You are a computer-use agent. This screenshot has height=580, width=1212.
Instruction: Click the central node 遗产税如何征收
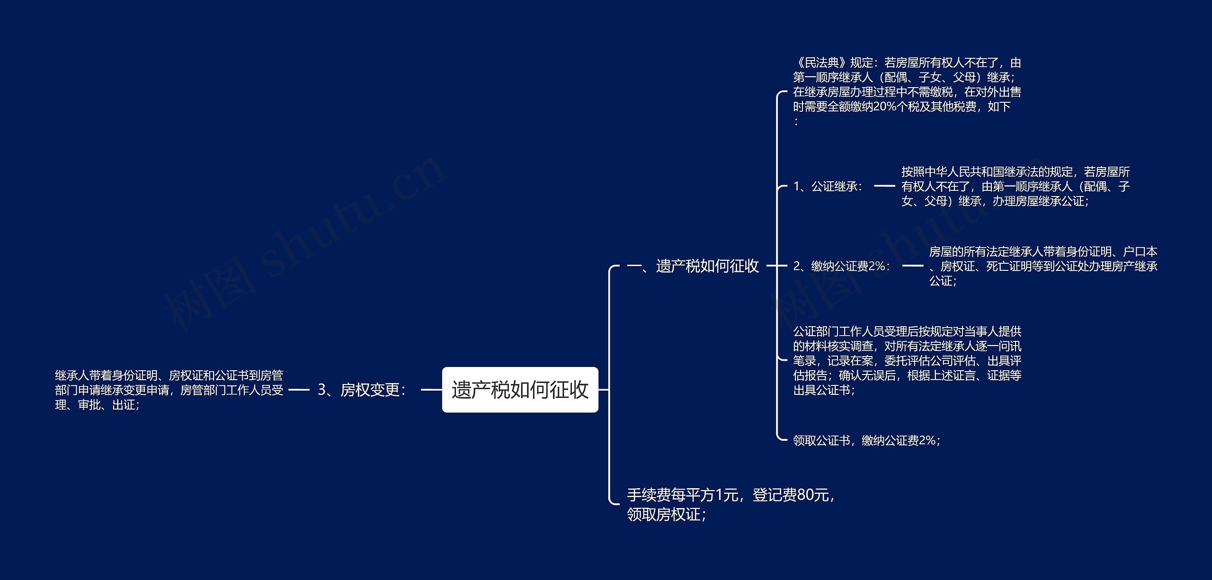tap(520, 390)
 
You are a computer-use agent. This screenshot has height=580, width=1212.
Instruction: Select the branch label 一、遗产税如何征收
tap(693, 266)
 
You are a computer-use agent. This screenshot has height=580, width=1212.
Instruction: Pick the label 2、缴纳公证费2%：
tap(842, 267)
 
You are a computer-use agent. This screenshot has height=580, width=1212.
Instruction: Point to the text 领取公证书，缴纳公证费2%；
tap(866, 440)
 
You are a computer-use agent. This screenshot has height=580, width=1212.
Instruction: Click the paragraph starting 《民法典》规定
tap(907, 91)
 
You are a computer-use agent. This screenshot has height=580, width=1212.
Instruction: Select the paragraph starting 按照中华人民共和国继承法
tap(1015, 187)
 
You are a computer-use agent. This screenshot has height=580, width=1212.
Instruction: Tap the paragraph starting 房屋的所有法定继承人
tap(1043, 266)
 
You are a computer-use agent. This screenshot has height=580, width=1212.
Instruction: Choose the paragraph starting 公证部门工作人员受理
tap(907, 360)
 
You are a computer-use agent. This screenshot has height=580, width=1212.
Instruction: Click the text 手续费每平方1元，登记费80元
tap(731, 495)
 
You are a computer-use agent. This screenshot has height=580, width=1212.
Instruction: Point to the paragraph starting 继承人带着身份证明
tap(169, 390)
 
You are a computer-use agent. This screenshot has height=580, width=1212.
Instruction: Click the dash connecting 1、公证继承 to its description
tap(884, 187)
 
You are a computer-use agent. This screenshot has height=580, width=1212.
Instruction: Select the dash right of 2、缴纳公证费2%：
tap(912, 266)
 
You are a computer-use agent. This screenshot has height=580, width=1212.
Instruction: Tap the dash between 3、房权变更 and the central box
tap(431, 390)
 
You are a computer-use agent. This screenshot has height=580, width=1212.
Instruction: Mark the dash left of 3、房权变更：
tap(299, 390)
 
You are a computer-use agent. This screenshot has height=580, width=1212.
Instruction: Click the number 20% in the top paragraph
tap(885, 107)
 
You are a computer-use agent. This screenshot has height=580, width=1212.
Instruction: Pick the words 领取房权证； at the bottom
tap(667, 515)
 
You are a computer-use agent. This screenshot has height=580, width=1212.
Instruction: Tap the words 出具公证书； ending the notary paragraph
tap(824, 390)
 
